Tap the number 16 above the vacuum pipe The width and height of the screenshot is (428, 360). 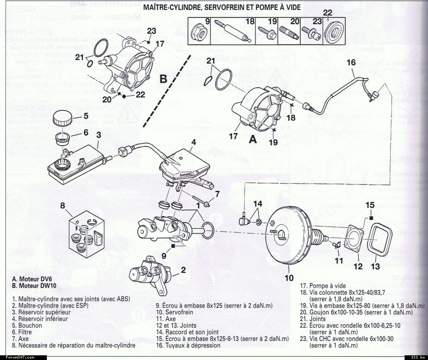tap(351, 62)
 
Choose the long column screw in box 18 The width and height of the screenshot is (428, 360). tap(230, 33)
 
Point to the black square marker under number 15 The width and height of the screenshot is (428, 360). tap(370, 218)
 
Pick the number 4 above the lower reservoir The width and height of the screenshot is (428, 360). tap(193, 142)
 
